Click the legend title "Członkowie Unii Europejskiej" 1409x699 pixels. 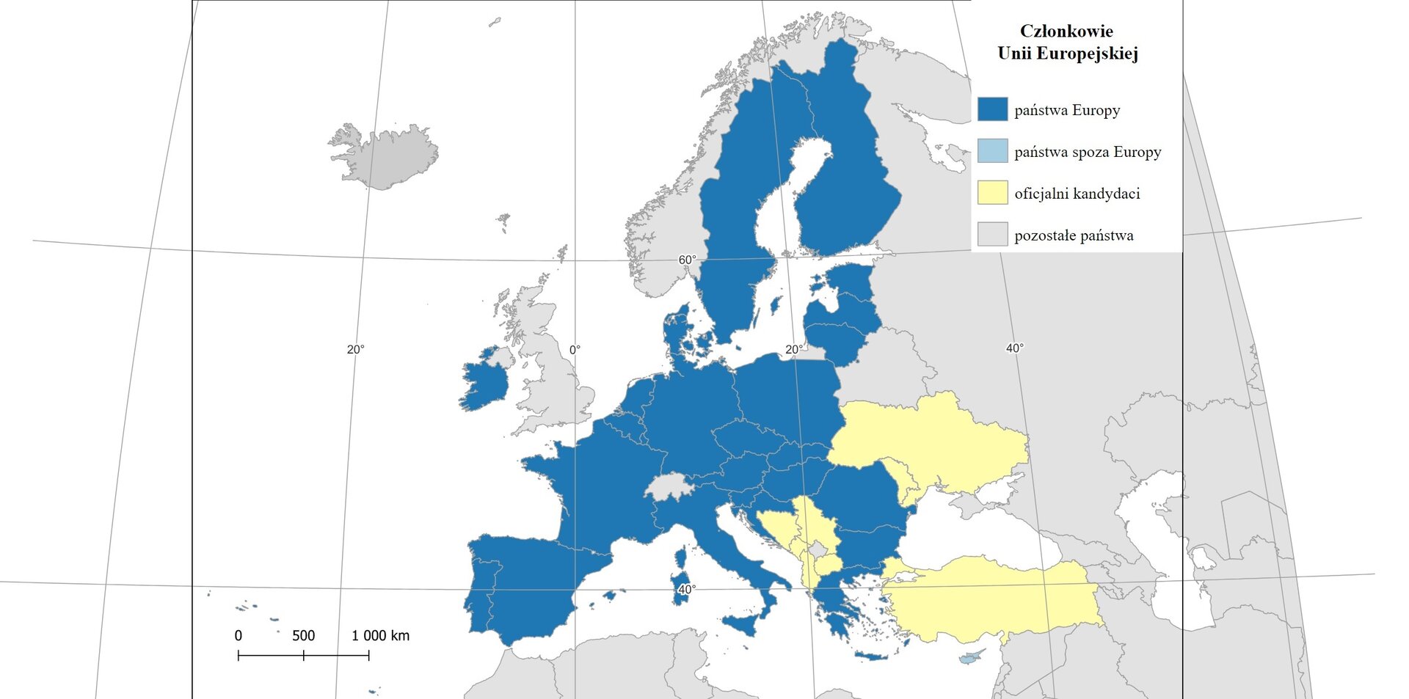1067,42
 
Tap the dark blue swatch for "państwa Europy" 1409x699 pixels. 992,110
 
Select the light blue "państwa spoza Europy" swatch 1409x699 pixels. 992,152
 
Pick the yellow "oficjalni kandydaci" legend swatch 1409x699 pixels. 992,194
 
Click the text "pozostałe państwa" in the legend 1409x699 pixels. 1073,235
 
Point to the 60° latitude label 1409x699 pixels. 687,260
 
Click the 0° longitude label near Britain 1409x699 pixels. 575,350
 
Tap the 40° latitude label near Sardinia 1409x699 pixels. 687,590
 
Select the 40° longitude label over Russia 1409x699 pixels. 1014,348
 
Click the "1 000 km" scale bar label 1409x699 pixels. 380,636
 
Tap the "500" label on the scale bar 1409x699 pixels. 303,636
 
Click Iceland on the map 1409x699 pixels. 385,156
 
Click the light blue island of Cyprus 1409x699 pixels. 972,656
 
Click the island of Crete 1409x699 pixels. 871,656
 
